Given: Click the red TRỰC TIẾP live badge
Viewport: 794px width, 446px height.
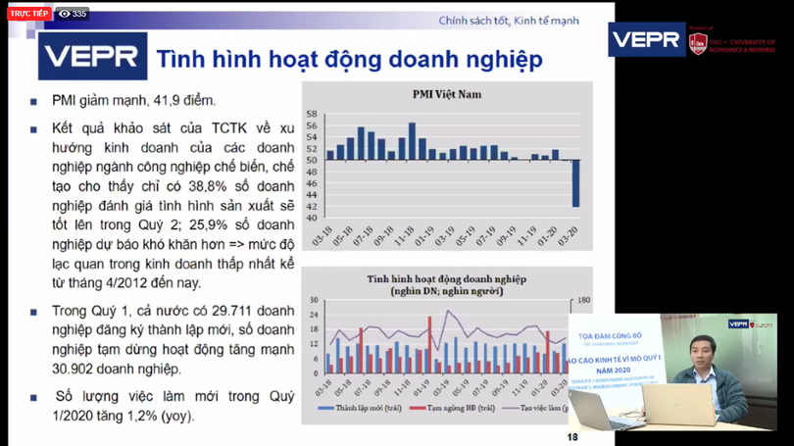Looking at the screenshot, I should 28,14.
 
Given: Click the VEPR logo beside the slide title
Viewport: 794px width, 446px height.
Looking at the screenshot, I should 93,56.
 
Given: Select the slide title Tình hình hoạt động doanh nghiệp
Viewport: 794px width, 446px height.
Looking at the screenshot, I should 349,59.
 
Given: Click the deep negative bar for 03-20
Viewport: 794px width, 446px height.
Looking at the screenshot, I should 575,183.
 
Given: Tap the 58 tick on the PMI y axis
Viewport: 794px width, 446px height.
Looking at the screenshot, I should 312,114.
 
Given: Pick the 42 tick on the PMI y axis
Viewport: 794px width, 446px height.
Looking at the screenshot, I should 312,206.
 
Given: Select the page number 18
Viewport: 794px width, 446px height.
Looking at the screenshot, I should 573,437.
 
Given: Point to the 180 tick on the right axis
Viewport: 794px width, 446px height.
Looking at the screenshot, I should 583,300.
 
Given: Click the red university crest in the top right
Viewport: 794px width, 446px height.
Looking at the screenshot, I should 698,42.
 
